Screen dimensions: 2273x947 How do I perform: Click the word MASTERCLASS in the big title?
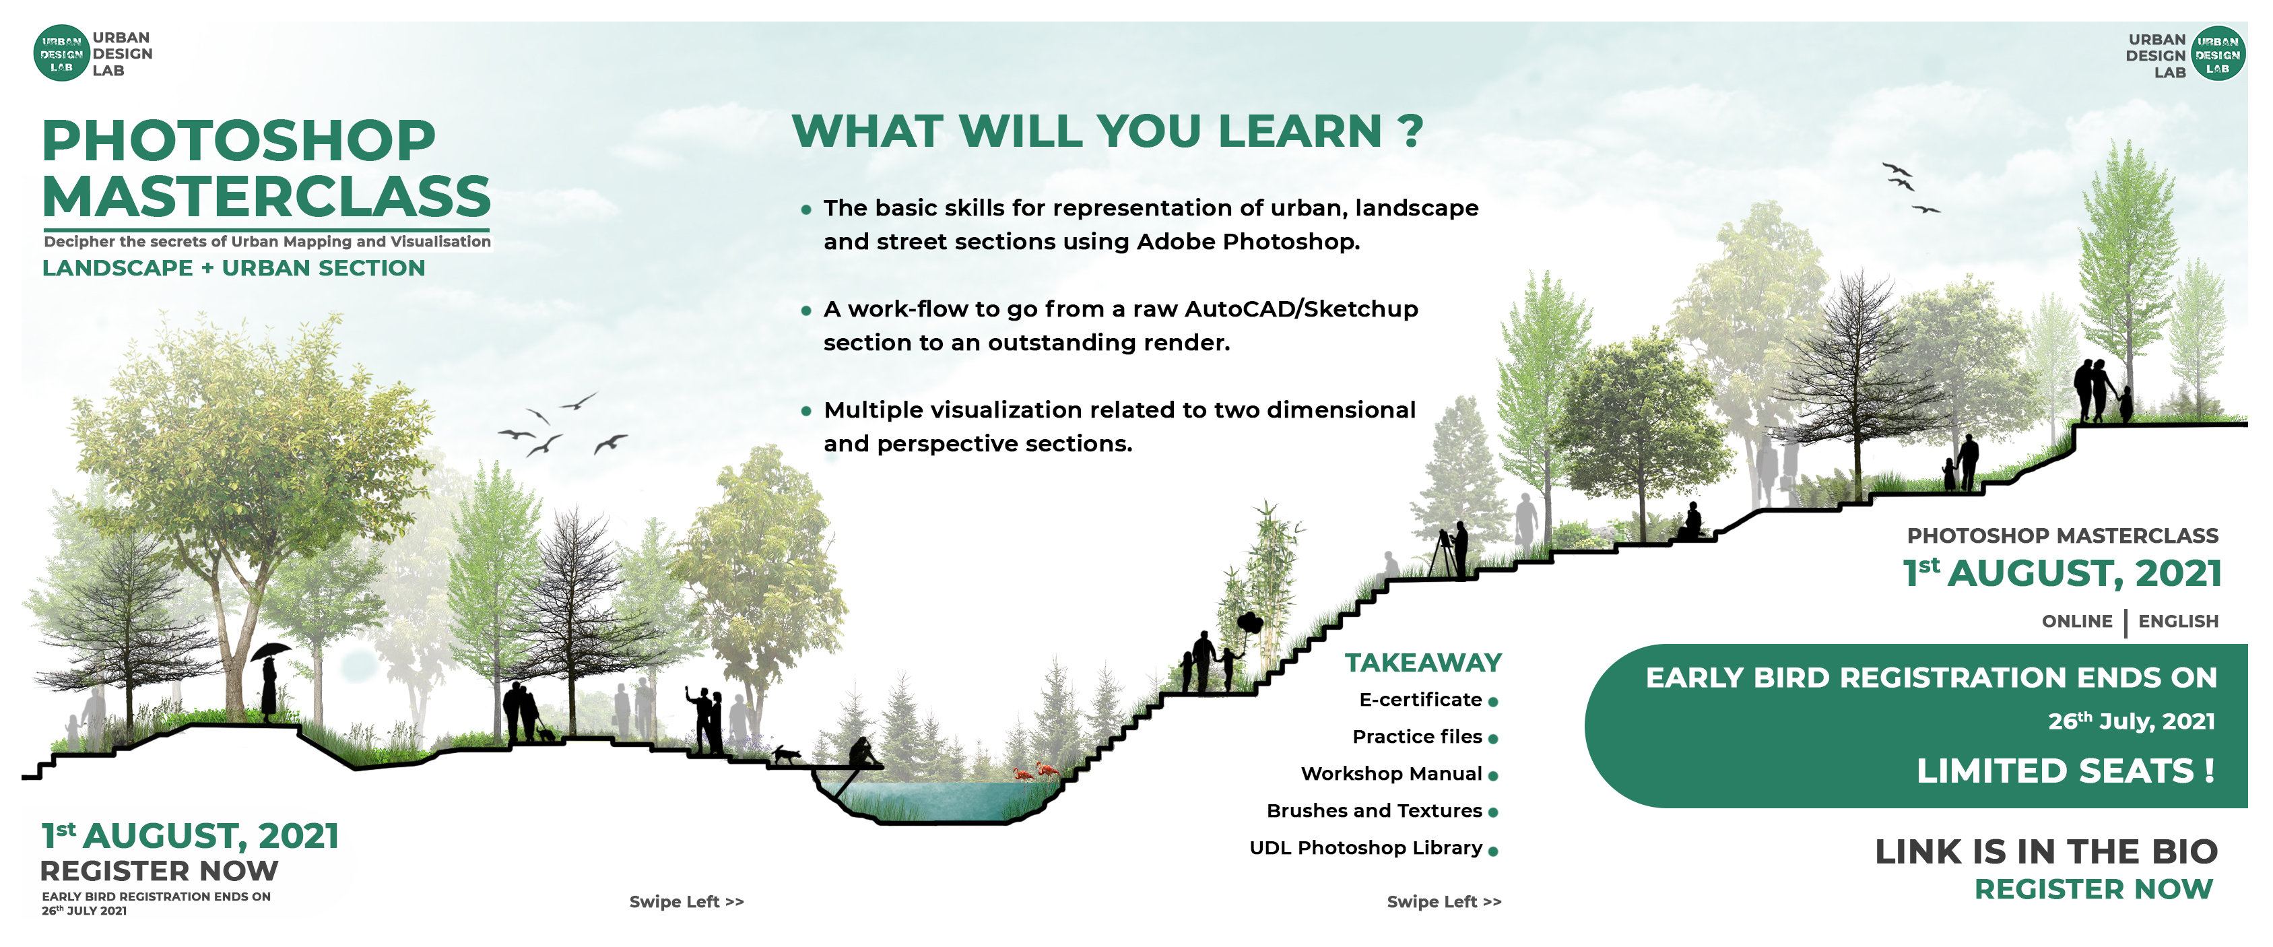[267, 196]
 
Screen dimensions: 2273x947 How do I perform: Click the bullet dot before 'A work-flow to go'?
[805, 311]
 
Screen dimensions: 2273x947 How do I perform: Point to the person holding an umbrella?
[270, 678]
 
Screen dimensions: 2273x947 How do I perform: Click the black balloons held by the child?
[1249, 624]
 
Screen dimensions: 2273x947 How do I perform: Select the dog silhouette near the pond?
[786, 754]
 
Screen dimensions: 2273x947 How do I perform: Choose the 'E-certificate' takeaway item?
[1420, 700]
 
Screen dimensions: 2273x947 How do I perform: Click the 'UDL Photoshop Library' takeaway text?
[1366, 848]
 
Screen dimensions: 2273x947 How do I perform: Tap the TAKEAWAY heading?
[1423, 663]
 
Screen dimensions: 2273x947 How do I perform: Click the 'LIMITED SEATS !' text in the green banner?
[2066, 771]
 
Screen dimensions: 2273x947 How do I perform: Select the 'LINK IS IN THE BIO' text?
[2046, 851]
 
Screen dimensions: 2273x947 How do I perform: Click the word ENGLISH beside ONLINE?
[2178, 621]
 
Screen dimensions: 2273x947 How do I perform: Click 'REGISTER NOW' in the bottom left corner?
[160, 871]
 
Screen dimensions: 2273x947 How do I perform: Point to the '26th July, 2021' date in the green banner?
[2132, 721]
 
